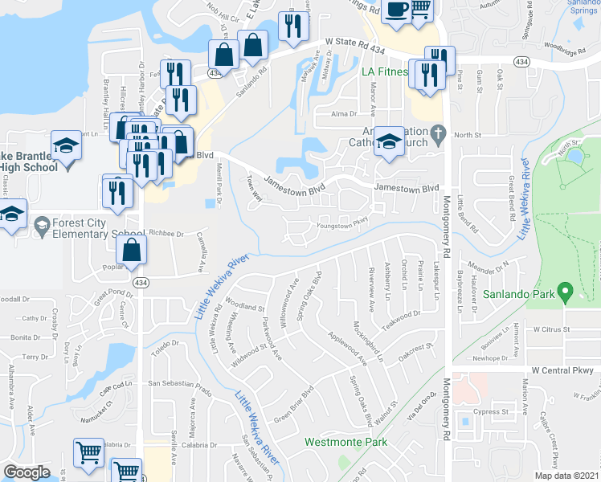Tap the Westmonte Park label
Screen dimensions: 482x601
345,442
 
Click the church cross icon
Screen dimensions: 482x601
437,133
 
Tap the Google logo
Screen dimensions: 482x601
27,472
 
